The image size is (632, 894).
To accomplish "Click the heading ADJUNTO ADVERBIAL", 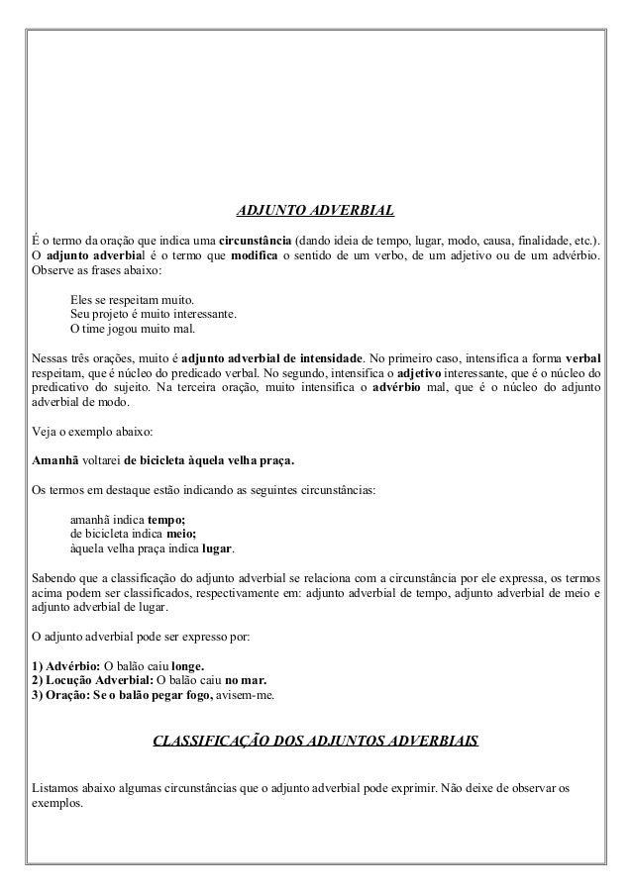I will pos(314,211).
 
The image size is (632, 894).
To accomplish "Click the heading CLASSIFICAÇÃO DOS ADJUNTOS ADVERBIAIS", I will pos(314,740).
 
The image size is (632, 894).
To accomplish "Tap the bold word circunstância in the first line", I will pos(254,241).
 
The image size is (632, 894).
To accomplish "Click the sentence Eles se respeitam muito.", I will pos(133,299).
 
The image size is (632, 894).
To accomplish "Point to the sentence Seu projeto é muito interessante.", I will pos(153,314).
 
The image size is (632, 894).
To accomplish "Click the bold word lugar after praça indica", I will pos(218,549).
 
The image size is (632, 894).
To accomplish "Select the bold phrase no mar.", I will pos(247,681).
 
